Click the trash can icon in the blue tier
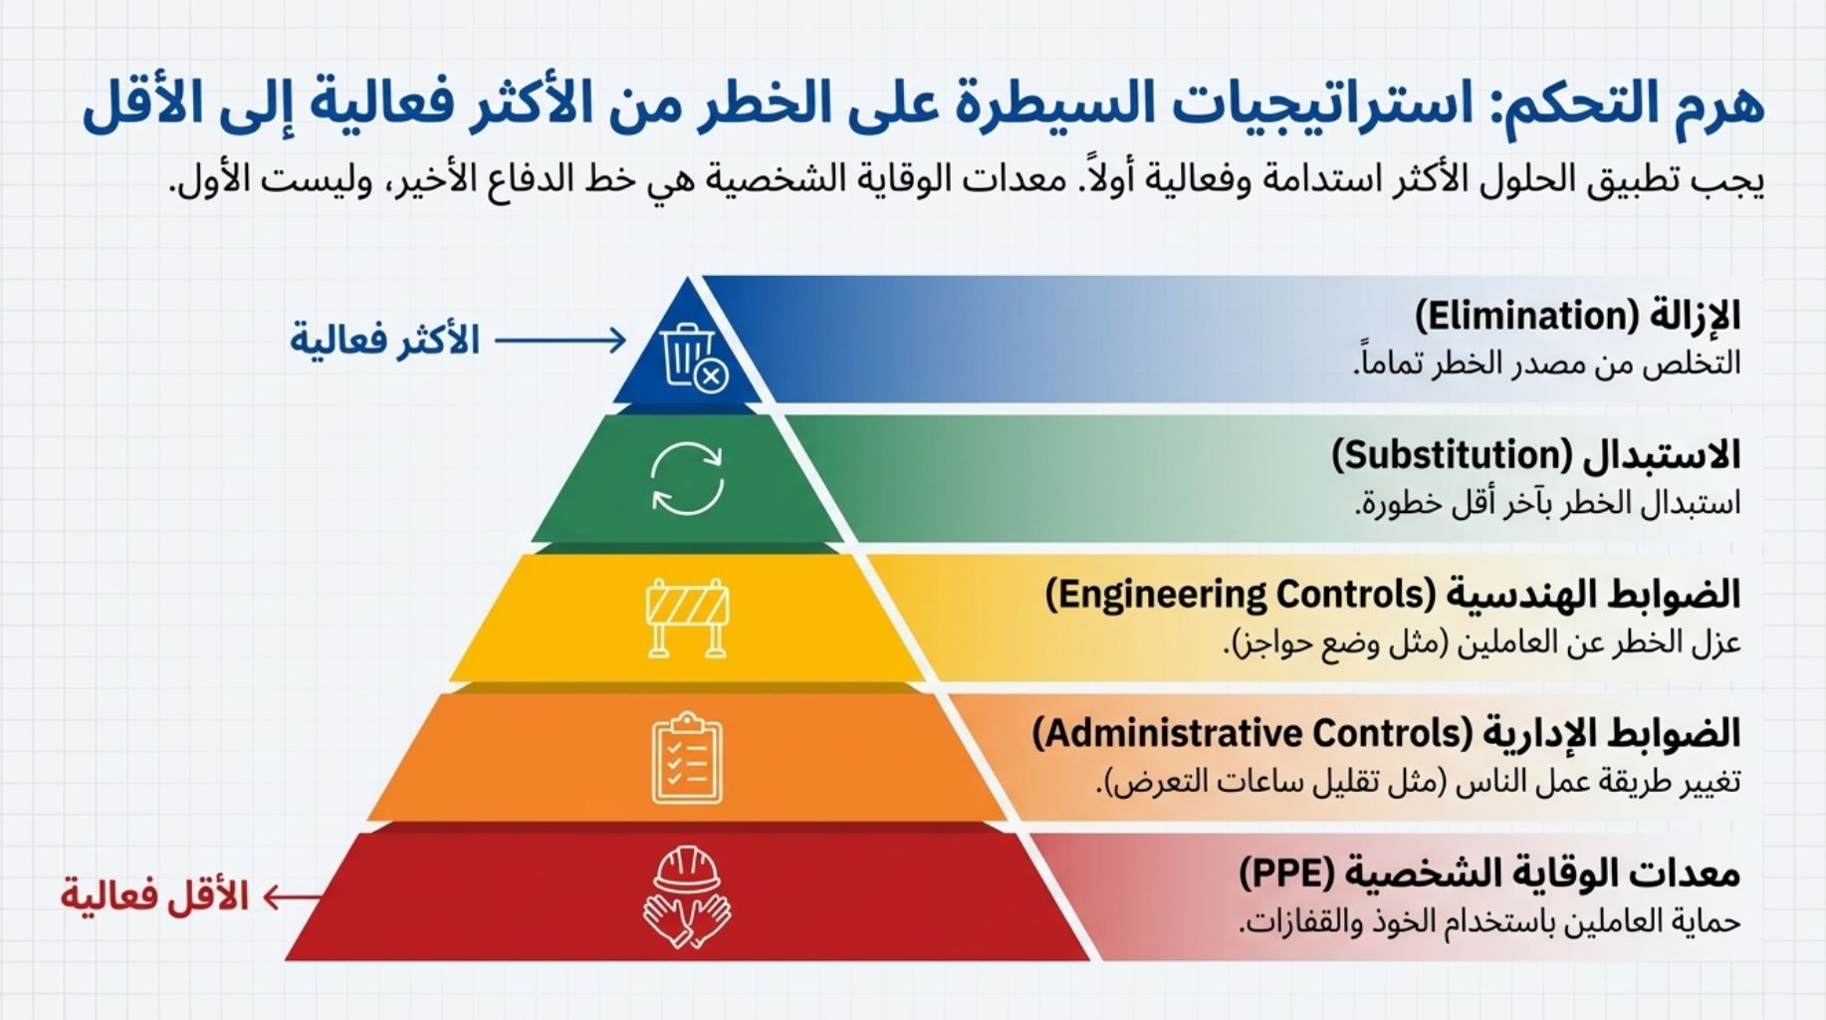click(688, 355)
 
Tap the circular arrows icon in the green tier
click(687, 479)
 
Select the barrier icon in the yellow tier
click(687, 618)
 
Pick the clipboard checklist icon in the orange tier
click(687, 758)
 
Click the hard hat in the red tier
click(687, 870)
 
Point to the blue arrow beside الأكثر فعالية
click(561, 341)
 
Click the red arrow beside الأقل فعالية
click(293, 897)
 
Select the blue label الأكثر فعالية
click(384, 341)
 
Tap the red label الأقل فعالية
click(154, 895)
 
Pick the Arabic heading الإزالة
click(1694, 315)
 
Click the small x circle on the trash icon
click(711, 377)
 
